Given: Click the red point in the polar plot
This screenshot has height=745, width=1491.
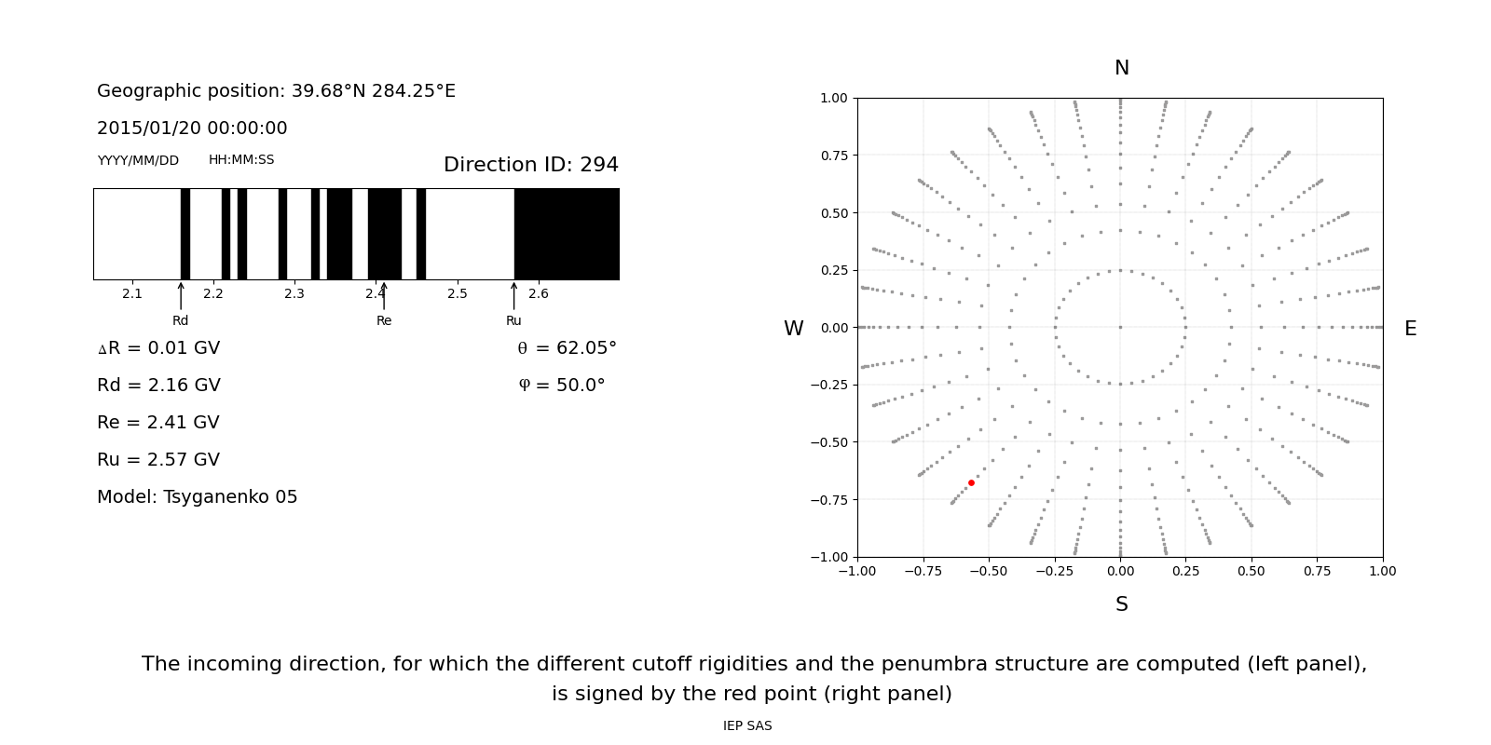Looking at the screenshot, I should point(971,482).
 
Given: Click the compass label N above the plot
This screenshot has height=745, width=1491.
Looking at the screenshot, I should point(1121,68).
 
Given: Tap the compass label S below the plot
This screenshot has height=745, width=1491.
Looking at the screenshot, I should point(1121,604).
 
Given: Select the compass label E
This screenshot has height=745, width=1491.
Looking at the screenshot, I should point(1410,329).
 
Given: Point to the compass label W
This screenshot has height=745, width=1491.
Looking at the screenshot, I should point(793,329).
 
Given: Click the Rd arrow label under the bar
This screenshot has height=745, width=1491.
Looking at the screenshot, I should point(180,320).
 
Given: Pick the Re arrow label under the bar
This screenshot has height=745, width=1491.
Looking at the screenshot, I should point(384,320).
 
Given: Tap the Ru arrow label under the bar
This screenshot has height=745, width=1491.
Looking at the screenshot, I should point(513,320).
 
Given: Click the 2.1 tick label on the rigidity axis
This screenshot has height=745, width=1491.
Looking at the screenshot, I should point(132,294).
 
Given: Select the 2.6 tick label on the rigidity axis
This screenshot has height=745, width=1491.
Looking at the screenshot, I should point(539,294).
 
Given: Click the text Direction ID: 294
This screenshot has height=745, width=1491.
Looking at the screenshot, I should point(530,165).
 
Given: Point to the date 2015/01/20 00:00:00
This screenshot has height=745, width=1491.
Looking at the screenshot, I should point(192,129).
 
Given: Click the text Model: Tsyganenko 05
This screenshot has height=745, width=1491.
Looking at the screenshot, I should point(198,497).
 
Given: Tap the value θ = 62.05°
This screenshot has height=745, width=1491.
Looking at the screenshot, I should point(567,348).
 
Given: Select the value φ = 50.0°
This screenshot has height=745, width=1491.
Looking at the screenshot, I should point(562,386).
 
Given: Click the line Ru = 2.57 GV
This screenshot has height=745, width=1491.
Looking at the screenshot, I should point(158,460).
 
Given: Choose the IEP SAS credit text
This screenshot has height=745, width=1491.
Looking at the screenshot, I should point(747,726).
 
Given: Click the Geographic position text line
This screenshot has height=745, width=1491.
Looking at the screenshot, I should point(276,91).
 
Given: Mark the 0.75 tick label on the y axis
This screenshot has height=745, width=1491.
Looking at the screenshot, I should point(833,156).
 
